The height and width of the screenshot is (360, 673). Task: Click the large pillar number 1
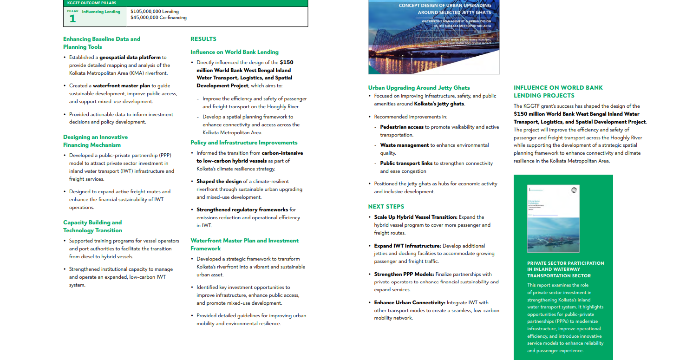[72, 19]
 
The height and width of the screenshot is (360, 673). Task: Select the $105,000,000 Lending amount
[155, 11]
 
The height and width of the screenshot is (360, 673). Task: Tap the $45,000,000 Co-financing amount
[158, 18]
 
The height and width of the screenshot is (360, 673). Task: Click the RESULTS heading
[203, 39]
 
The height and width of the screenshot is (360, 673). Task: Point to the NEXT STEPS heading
[386, 207]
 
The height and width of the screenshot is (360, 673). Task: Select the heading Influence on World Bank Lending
[235, 52]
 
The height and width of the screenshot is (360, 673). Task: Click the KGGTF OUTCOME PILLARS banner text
[91, 3]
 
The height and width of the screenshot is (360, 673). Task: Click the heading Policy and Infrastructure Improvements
[244, 143]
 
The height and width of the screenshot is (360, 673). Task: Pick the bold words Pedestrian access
[402, 127]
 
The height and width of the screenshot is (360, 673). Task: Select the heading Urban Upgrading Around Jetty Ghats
[419, 88]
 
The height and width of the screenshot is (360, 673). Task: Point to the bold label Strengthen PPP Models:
[404, 275]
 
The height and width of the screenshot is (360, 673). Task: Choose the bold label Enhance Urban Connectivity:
[410, 303]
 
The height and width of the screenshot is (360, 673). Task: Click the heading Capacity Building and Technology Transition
[93, 226]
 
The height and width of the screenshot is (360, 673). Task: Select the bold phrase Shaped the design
[219, 182]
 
